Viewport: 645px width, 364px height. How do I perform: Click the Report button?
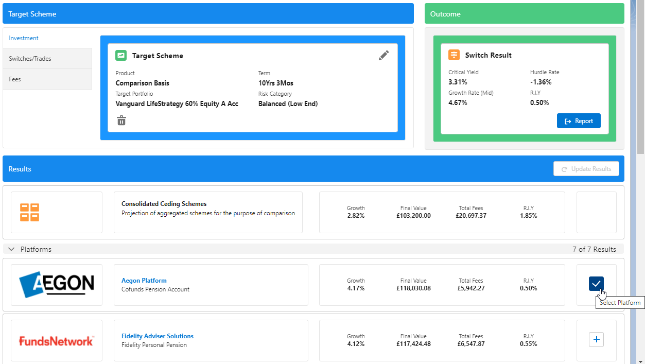tap(579, 121)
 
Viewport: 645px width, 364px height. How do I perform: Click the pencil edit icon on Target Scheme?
tap(383, 56)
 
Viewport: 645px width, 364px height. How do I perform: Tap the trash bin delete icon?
tap(121, 120)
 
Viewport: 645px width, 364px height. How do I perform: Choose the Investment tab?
tap(24, 38)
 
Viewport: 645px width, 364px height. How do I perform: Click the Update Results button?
tap(586, 169)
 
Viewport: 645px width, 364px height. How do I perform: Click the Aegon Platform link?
tap(144, 281)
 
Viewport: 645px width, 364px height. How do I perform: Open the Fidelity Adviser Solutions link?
tap(158, 336)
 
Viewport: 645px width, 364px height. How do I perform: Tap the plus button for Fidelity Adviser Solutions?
tap(596, 340)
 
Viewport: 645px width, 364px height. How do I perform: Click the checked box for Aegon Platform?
tap(596, 284)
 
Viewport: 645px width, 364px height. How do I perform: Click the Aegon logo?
tap(57, 285)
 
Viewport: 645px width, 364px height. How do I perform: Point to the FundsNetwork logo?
tap(57, 341)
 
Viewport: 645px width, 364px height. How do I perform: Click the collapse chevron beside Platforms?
tap(12, 249)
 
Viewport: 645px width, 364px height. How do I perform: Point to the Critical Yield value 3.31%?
tap(458, 82)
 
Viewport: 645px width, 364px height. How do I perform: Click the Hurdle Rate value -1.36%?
tap(541, 82)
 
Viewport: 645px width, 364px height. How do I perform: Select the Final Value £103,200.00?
tap(413, 216)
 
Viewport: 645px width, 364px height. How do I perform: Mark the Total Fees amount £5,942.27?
tap(472, 288)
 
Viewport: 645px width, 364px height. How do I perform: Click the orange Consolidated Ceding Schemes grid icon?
tap(29, 212)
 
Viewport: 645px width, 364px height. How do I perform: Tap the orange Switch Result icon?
tap(454, 55)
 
